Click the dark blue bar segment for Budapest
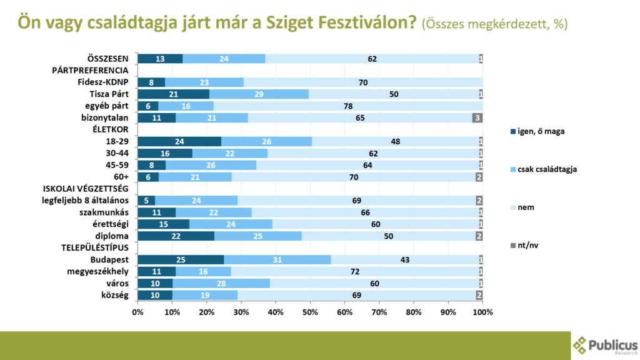coord(181,259)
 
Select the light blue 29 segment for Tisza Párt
coord(259,94)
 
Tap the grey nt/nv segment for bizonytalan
coord(477,117)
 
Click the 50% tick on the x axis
coord(311,311)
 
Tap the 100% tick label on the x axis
coord(482,311)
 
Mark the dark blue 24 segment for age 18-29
coord(179,141)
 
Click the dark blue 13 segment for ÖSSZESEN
coord(160,59)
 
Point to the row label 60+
coord(120,177)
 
